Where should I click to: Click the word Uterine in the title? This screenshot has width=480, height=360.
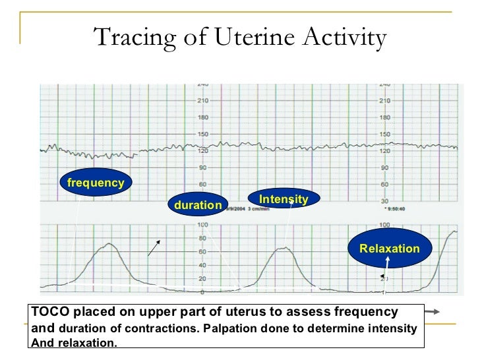click(x=251, y=38)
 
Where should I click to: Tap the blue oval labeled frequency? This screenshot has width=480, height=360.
click(x=96, y=183)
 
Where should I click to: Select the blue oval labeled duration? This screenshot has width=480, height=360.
click(x=198, y=205)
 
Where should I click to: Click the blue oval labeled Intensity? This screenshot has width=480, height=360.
click(x=284, y=199)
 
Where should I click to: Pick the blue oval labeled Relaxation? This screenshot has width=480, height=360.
click(x=389, y=249)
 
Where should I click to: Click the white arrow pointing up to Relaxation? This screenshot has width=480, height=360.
click(x=388, y=266)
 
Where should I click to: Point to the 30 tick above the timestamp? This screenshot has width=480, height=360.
click(x=384, y=200)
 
